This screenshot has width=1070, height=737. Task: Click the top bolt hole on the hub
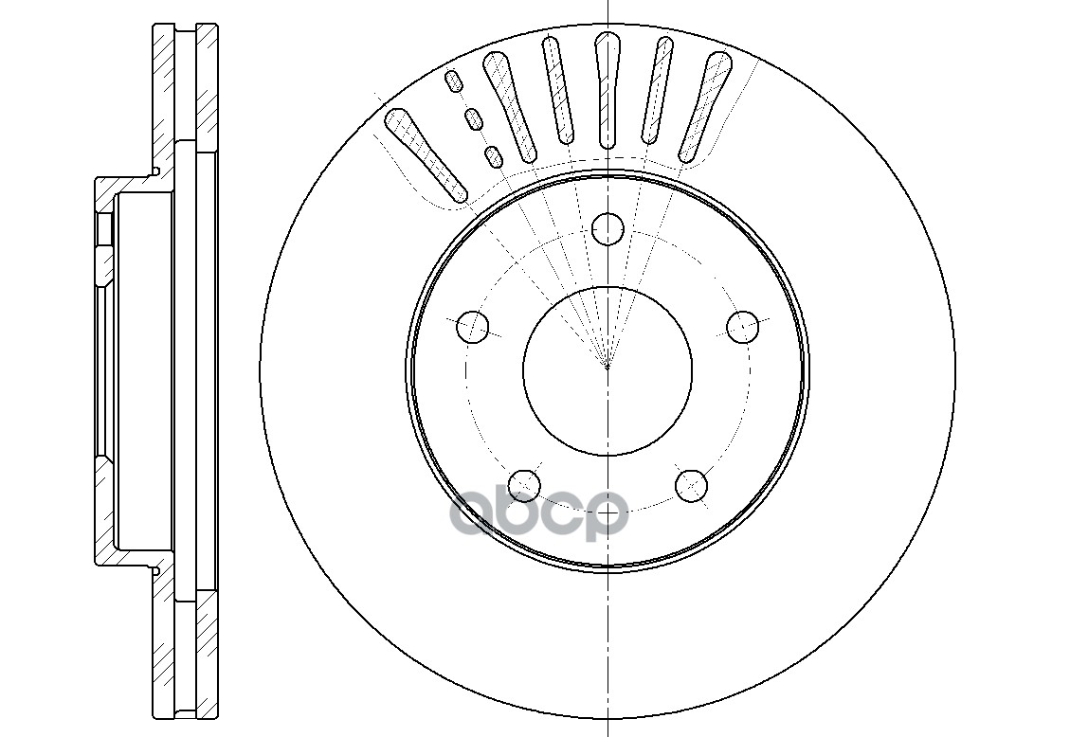608,228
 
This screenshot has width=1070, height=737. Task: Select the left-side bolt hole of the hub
472,327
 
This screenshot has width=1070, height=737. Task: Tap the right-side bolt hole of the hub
742,327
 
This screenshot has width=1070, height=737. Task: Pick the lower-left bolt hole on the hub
524,485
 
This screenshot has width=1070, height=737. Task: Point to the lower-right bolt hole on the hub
691,485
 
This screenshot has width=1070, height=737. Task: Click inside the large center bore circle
608,368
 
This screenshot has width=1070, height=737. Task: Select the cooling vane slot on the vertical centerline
607,90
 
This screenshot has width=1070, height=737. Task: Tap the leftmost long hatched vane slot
426,154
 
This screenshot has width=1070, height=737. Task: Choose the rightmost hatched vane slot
705,107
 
